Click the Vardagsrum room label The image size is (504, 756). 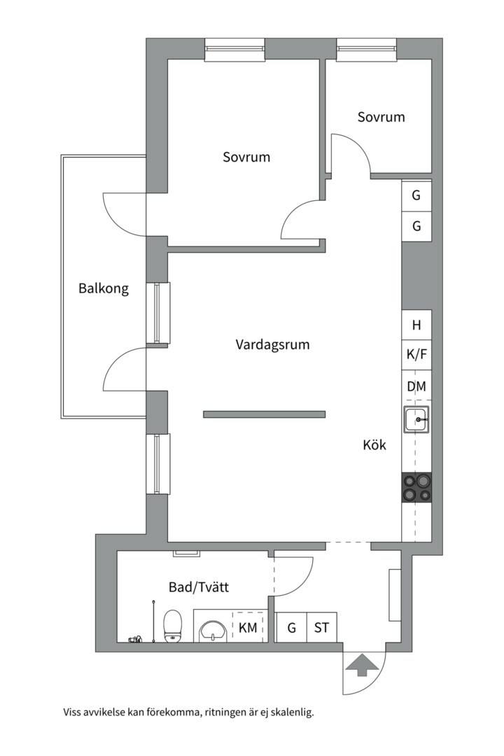pos(272,344)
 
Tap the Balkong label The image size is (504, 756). pos(104,289)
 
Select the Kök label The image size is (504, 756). pos(374,444)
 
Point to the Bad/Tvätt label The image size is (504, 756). pos(199,587)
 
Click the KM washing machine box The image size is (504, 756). pos(248,627)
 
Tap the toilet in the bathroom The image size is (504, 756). pos(172,626)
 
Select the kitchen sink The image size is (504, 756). pos(416,419)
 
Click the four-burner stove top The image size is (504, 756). pos(416,487)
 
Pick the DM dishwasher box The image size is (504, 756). pos(416,386)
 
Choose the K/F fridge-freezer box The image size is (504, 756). pos(416,355)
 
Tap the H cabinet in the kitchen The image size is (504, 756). pos(416,325)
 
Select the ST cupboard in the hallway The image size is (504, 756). pos(322,627)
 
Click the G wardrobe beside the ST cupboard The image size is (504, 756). pos(291,627)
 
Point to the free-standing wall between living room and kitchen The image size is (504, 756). pos(265,414)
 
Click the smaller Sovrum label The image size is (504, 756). pos(381,117)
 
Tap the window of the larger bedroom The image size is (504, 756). pos(235,49)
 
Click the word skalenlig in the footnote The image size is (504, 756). pos(293,712)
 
